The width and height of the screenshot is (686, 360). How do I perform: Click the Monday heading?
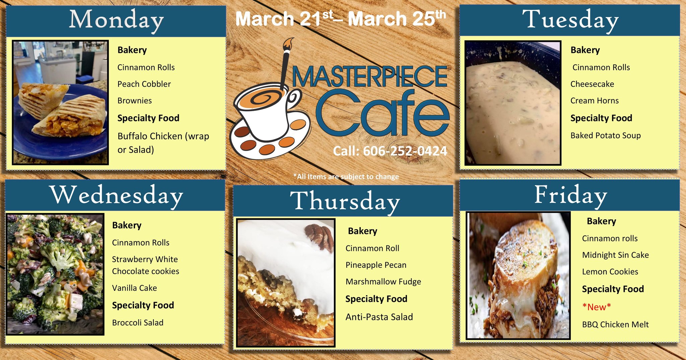click(x=116, y=20)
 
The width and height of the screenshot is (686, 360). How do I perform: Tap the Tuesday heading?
click(x=570, y=20)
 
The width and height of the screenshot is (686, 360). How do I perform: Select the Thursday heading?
click(x=345, y=201)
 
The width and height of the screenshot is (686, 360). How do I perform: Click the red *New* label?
click(x=597, y=307)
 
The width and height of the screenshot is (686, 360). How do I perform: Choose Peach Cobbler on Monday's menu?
click(x=144, y=84)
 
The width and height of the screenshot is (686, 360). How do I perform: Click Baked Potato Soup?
click(x=606, y=136)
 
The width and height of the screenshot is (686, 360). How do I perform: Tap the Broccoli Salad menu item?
click(x=138, y=322)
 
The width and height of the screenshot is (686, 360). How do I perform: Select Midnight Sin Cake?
click(x=615, y=255)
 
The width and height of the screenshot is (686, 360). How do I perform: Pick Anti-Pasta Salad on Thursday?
click(x=379, y=317)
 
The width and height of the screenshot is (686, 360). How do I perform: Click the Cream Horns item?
click(x=595, y=101)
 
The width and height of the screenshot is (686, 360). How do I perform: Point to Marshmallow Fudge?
click(x=383, y=282)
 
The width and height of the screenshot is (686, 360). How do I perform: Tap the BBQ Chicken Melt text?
click(x=615, y=325)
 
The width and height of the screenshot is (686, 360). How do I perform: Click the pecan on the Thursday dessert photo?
click(x=320, y=236)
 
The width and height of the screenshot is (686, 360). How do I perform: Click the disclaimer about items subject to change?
click(x=346, y=176)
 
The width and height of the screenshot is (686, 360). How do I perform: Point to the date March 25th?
click(x=397, y=18)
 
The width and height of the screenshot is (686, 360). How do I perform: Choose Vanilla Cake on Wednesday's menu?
click(x=134, y=288)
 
